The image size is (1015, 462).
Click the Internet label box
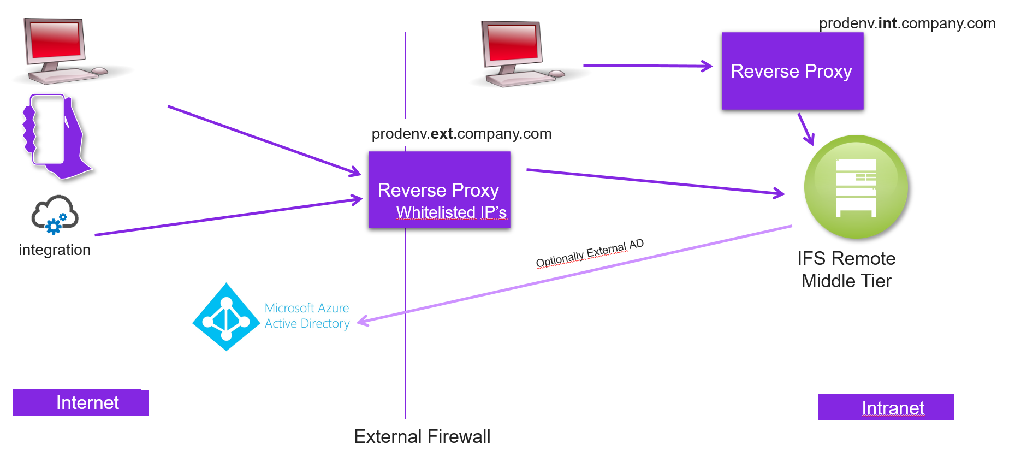81,402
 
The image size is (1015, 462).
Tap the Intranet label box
886,407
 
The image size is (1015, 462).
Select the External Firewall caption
422,436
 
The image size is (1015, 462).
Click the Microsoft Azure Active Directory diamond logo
226,317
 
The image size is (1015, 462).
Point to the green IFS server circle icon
856,187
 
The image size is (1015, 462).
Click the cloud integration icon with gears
55,215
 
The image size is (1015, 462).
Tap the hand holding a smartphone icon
55,137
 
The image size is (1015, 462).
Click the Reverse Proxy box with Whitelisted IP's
439,189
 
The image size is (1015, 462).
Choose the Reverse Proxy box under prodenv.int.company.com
792,71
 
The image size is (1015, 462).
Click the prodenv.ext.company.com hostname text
461,134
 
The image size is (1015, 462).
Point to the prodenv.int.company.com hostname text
907,23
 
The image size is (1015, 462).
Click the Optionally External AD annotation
590,253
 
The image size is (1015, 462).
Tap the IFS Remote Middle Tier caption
846,269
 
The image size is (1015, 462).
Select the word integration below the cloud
55,250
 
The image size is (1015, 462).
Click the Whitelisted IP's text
452,212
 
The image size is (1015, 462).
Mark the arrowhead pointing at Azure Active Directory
363,322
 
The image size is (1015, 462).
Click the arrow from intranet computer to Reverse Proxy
647,66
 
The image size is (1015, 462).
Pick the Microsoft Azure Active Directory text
307,316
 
